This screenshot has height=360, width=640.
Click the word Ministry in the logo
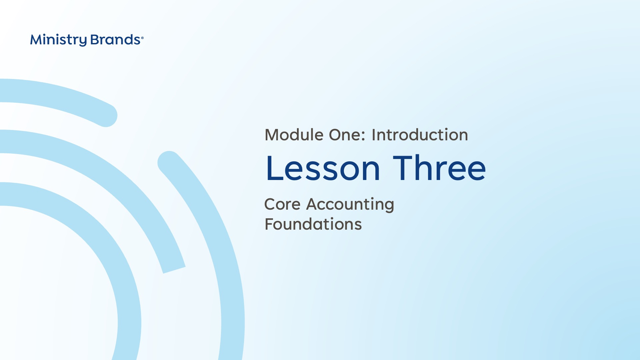tap(58, 40)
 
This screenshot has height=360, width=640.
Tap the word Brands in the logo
tap(115, 40)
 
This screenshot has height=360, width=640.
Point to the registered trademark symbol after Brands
tap(142, 38)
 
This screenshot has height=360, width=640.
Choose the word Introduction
tap(420, 135)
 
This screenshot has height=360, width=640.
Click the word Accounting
tap(350, 205)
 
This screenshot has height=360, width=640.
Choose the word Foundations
tap(313, 224)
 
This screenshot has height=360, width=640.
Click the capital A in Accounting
tap(312, 204)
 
